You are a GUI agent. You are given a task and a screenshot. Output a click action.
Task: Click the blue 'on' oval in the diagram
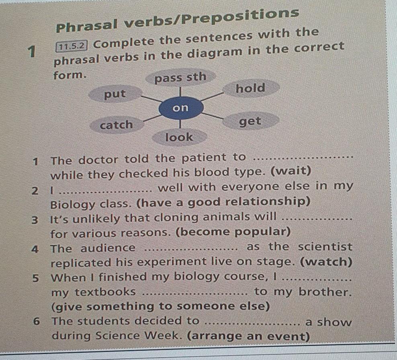click(x=181, y=109)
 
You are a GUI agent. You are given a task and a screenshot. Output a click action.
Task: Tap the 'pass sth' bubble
click(x=181, y=77)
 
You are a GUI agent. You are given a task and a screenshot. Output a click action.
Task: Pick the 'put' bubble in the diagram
click(x=115, y=94)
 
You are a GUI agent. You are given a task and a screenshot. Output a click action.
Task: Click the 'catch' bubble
click(x=117, y=125)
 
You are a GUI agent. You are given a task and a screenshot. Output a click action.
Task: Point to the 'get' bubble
click(x=251, y=121)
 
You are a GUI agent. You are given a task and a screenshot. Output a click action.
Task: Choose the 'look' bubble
click(x=179, y=137)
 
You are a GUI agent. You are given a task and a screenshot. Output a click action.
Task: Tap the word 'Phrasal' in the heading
click(x=87, y=26)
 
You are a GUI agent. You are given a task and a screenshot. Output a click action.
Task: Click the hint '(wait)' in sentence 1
click(x=291, y=171)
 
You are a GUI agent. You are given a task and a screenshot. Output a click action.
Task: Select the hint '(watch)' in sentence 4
click(x=326, y=262)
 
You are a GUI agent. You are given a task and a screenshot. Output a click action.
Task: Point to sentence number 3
click(x=35, y=220)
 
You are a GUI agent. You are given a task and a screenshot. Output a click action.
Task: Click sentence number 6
click(x=37, y=322)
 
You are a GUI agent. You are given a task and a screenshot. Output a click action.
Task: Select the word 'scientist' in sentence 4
click(x=325, y=247)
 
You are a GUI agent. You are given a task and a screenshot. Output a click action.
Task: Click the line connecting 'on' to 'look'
click(x=180, y=124)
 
